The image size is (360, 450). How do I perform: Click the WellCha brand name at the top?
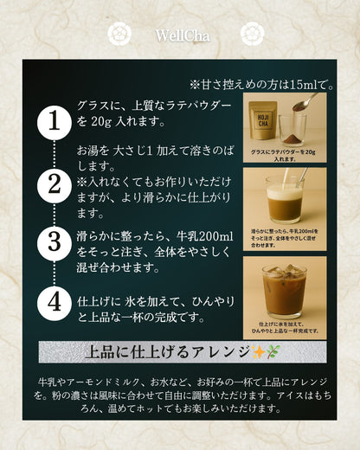181,35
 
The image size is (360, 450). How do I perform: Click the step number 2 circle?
54,183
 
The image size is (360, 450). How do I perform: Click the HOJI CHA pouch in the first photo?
262,122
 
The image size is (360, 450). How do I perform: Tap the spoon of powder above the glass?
303,102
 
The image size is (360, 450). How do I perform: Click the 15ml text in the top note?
307,85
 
